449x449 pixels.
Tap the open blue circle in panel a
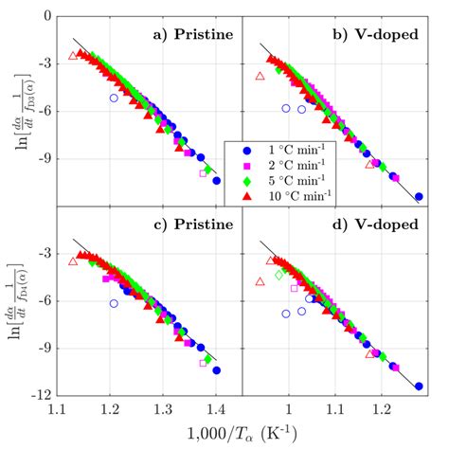tap(115, 98)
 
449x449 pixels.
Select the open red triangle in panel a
tap(74, 56)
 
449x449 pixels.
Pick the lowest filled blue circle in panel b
tap(419, 197)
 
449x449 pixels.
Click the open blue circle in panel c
tap(114, 303)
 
